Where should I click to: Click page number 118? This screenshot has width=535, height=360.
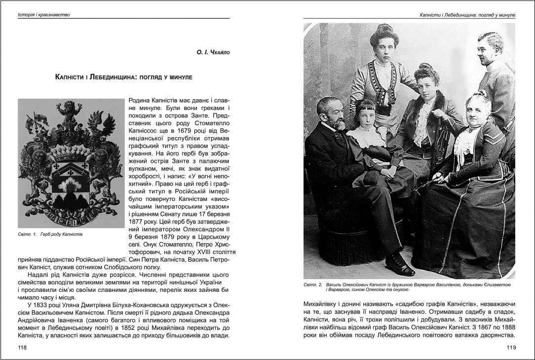point(22,348)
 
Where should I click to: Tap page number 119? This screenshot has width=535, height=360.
point(511,348)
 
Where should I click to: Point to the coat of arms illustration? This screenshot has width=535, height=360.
point(71,163)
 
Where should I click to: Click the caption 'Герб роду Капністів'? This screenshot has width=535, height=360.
point(62,234)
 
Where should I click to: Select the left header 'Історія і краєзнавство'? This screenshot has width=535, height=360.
point(44,15)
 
